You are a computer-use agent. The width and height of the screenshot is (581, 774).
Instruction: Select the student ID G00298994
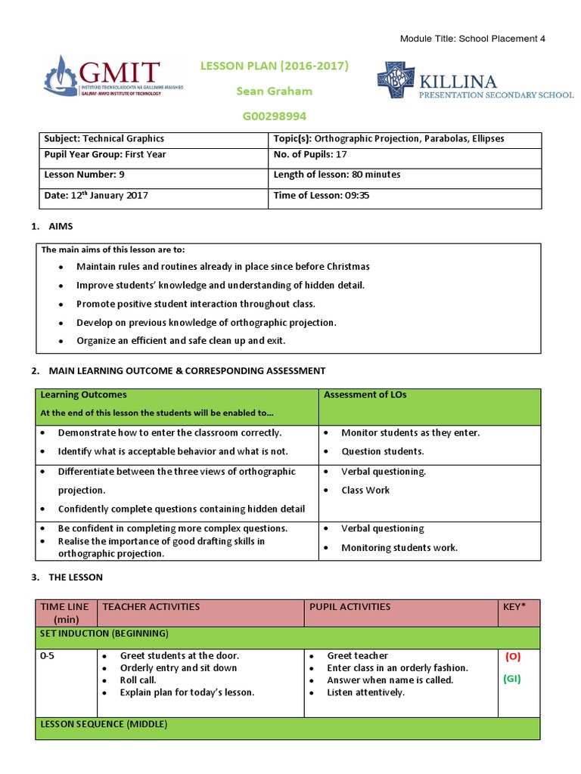pyautogui.click(x=274, y=116)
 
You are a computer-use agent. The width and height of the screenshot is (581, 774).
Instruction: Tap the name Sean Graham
pyautogui.click(x=274, y=91)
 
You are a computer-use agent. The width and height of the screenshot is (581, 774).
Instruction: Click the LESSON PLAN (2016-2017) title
pyautogui.click(x=274, y=66)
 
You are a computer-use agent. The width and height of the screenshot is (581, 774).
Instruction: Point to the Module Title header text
pyautogui.click(x=471, y=39)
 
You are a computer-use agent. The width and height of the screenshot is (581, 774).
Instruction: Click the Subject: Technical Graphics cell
pyautogui.click(x=104, y=139)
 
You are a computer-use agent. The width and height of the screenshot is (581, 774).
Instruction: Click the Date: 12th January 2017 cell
pyautogui.click(x=96, y=196)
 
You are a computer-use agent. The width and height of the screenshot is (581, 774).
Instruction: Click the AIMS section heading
pyautogui.click(x=61, y=227)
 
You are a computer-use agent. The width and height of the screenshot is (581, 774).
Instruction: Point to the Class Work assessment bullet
pyautogui.click(x=365, y=490)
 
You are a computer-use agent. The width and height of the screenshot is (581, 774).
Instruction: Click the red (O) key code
pyautogui.click(x=512, y=657)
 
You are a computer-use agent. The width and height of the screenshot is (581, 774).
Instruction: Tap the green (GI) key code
pyautogui.click(x=512, y=679)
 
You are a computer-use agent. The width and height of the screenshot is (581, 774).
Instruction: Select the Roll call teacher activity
pyautogui.click(x=138, y=680)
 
